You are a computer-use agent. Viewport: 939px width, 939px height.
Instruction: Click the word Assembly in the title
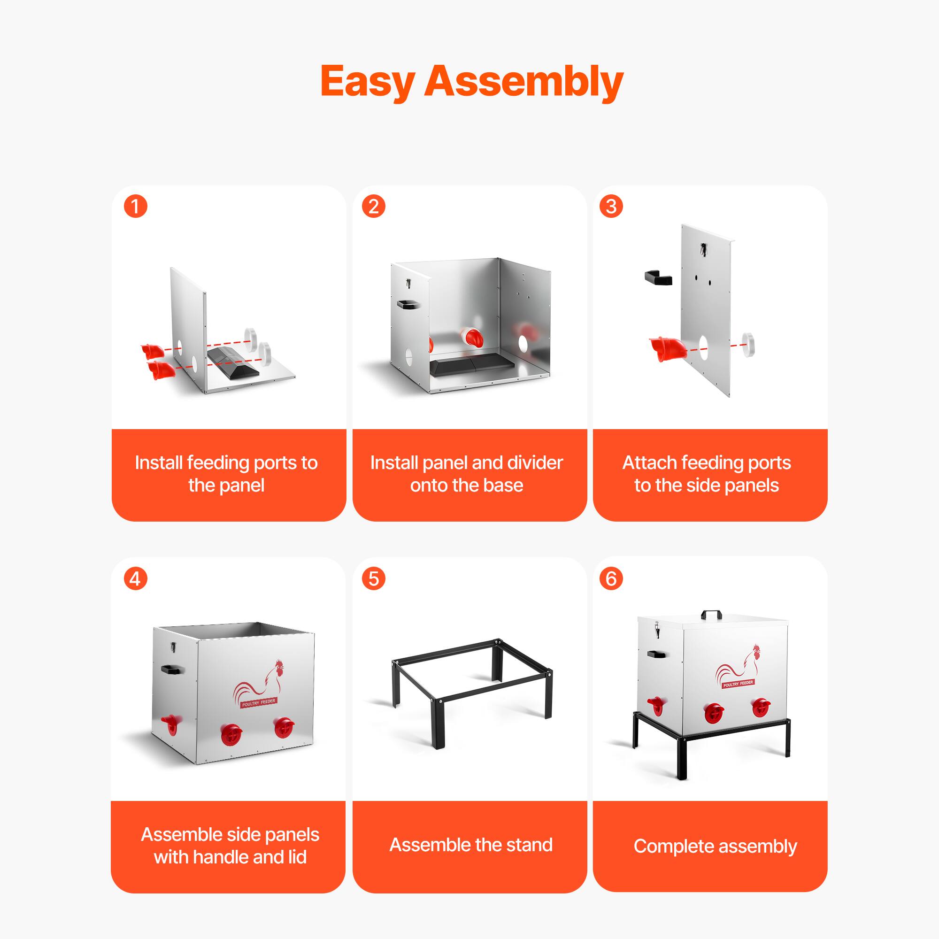click(524, 82)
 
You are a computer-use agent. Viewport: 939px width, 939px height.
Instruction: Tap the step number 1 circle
click(136, 207)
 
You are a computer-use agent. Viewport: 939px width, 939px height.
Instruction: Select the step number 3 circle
click(611, 207)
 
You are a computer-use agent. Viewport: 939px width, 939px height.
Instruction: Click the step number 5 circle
click(373, 579)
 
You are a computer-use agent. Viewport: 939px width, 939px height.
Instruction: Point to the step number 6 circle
click(611, 579)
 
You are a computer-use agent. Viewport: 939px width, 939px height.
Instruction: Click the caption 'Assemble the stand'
click(470, 845)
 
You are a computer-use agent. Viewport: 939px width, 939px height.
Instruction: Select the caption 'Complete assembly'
click(715, 846)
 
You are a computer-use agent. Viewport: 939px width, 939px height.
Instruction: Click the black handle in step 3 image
click(658, 278)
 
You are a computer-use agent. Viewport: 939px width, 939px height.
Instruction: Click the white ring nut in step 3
click(748, 344)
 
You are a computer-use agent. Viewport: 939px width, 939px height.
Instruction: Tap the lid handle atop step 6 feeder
click(711, 615)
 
